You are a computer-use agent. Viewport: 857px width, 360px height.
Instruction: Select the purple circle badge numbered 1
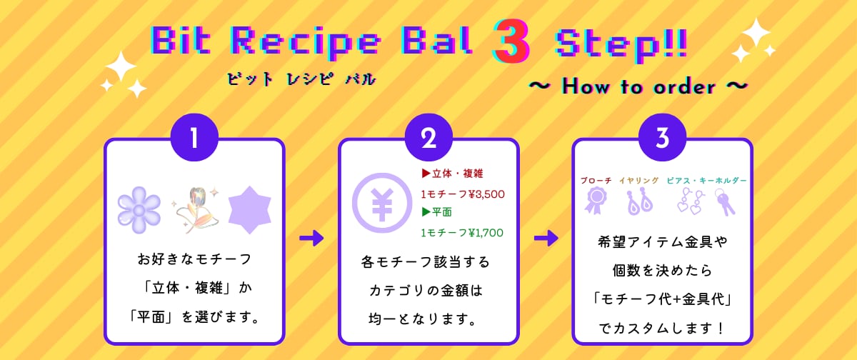pos(194,137)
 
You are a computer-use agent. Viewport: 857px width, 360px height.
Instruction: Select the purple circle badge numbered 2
pos(428,137)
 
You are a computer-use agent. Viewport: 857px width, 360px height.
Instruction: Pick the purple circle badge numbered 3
pos(662,137)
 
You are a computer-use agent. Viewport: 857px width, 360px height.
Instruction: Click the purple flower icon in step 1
pos(139,210)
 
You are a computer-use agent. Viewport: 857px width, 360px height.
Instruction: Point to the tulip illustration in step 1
pos(196,210)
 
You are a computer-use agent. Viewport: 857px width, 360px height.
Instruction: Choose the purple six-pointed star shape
pos(249,210)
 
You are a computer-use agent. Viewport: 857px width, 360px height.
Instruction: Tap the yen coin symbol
pos(382,203)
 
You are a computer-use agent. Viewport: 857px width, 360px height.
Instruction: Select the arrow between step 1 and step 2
pos(311,238)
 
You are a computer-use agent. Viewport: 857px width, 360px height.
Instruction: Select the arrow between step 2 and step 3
pos(546,238)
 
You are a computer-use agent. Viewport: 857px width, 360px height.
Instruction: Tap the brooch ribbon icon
pos(596,201)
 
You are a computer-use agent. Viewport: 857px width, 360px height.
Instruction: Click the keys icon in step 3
pos(724,202)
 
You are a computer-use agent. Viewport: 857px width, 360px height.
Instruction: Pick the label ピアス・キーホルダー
pos(706,181)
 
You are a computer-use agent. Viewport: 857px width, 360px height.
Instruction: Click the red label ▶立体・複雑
pos(452,174)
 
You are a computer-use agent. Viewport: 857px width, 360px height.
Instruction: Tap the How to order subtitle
pos(638,87)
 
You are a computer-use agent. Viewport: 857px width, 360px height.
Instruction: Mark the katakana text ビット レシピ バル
pos(301,79)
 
